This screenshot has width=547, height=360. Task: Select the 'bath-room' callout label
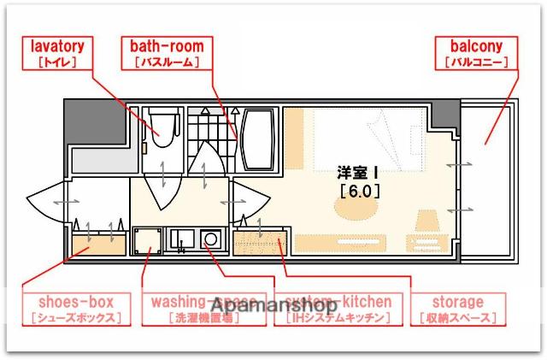[165, 53]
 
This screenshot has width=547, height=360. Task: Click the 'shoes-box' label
[75, 310]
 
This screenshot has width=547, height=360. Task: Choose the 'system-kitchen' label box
[338, 310]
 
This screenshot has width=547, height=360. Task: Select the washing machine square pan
[146, 239]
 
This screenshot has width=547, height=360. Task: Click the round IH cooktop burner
[211, 240]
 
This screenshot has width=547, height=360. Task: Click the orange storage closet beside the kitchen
[261, 243]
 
